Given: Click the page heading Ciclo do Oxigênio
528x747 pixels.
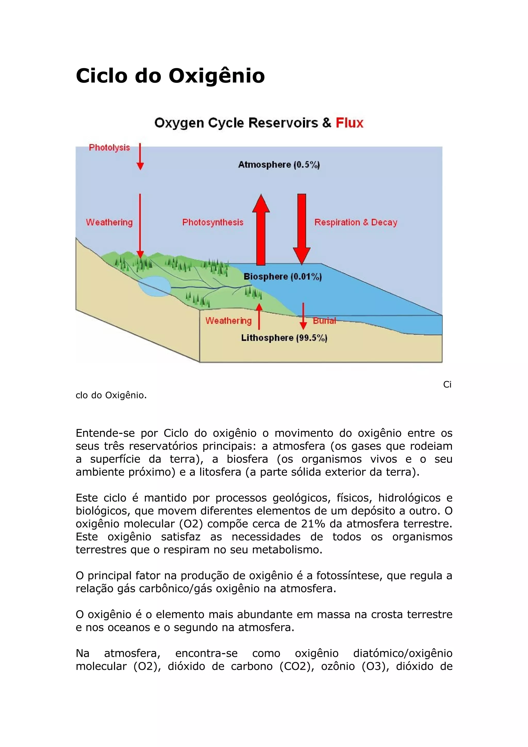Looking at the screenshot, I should (x=170, y=76).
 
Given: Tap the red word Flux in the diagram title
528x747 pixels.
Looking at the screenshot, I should (x=349, y=123).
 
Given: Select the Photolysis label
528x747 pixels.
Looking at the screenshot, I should (x=109, y=148).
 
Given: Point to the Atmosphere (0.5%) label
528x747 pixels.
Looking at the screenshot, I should (x=279, y=165).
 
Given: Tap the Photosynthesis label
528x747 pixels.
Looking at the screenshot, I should (x=213, y=222).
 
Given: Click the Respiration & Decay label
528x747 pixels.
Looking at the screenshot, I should (x=356, y=222).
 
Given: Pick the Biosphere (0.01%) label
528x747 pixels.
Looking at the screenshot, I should (x=282, y=277).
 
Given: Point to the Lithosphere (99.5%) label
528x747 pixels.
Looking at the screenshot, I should (x=284, y=338).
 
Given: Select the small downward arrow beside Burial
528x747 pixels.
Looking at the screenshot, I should (x=303, y=316).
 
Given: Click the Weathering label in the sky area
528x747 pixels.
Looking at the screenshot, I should (x=109, y=222).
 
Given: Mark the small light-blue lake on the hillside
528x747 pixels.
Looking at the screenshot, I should (x=154, y=286).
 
